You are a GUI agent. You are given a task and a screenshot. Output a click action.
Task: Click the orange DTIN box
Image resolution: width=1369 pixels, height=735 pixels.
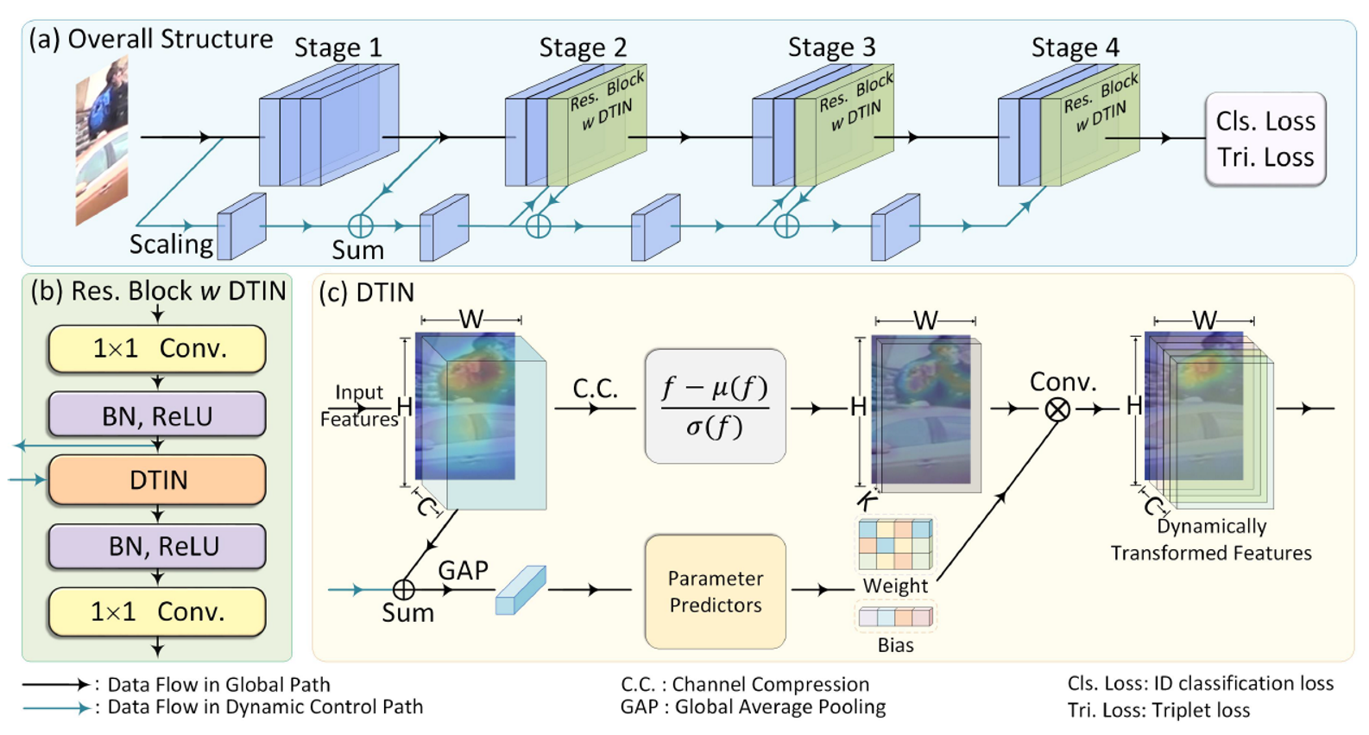tap(157, 480)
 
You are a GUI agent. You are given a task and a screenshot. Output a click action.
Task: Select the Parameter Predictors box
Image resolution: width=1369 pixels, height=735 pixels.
tap(715, 592)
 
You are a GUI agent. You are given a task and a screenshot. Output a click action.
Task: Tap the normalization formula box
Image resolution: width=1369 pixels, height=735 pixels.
tap(715, 406)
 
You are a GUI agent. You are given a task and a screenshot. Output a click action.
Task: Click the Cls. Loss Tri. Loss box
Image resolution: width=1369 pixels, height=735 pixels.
tap(1265, 139)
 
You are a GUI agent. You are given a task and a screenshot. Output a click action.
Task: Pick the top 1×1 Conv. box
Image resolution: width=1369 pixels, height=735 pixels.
tap(157, 349)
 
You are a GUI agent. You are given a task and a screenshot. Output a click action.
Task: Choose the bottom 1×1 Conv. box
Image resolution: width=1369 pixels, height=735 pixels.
tap(157, 611)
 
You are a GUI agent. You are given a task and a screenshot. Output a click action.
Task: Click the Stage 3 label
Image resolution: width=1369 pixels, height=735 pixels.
tap(830, 47)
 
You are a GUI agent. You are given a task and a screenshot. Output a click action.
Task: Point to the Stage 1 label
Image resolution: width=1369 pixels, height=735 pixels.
tap(338, 47)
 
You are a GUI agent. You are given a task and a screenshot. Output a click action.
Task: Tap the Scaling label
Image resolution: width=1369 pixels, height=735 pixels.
tap(171, 244)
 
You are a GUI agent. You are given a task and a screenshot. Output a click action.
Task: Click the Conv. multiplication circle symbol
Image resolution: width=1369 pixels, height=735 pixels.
tap(1057, 409)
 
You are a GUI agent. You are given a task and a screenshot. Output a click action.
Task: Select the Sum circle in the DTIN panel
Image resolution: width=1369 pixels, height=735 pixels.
tap(404, 589)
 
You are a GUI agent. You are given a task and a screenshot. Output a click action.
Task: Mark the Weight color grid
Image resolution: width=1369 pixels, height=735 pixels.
tap(895, 544)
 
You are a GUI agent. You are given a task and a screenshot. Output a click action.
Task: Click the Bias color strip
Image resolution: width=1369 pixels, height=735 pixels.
tap(895, 617)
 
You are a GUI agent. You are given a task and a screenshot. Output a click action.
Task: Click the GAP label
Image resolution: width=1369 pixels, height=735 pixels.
tap(463, 570)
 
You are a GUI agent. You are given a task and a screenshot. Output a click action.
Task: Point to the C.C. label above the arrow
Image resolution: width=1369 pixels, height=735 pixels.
tap(595, 389)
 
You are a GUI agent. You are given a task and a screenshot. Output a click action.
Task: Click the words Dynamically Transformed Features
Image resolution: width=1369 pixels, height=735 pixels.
tap(1210, 540)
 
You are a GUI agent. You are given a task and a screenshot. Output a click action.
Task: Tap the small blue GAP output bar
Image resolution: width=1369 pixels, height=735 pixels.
tap(520, 590)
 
